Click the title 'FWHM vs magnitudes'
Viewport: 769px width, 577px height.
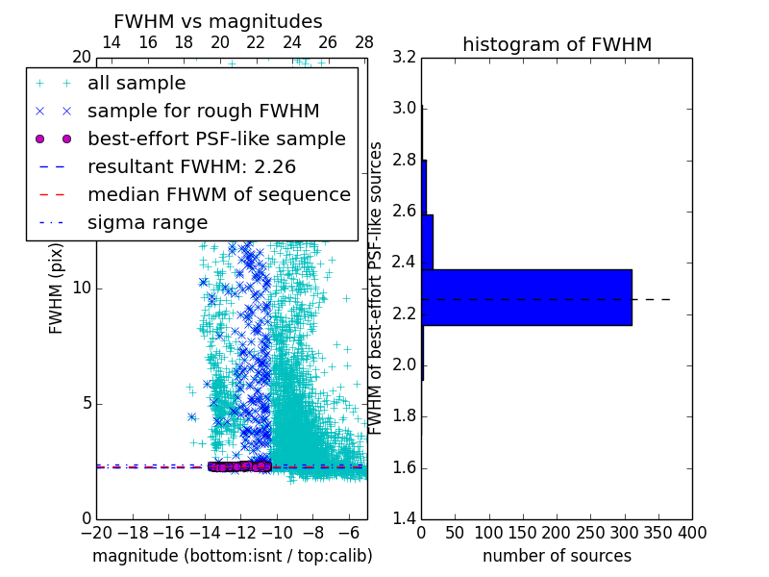pyautogui.click(x=218, y=21)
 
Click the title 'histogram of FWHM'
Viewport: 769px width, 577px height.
pyautogui.click(x=557, y=44)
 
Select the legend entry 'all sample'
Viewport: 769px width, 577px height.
pyautogui.click(x=136, y=84)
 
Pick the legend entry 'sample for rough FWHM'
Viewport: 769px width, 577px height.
pyautogui.click(x=203, y=111)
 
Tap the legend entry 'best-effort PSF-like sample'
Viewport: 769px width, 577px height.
pyautogui.click(x=216, y=138)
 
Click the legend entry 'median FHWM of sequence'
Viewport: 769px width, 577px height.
pyautogui.click(x=218, y=194)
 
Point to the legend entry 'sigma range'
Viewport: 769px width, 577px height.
pyautogui.click(x=147, y=222)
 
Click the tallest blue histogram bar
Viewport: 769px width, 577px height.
pyautogui.click(x=526, y=297)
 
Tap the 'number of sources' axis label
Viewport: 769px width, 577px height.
pyautogui.click(x=557, y=556)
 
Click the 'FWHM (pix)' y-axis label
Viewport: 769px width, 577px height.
pyautogui.click(x=57, y=288)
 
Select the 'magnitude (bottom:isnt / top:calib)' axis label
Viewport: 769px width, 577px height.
pyautogui.click(x=232, y=556)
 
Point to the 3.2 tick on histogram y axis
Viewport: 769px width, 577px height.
pyautogui.click(x=404, y=57)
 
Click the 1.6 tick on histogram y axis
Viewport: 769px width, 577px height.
pyautogui.click(x=404, y=467)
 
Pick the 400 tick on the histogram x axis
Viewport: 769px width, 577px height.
pyautogui.click(x=691, y=532)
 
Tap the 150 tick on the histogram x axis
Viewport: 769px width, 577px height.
pyautogui.click(x=523, y=532)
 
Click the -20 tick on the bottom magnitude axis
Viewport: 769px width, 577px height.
pyautogui.click(x=96, y=532)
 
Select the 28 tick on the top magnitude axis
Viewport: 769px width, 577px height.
pyautogui.click(x=363, y=42)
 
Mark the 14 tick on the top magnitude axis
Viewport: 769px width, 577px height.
pyautogui.click(x=112, y=42)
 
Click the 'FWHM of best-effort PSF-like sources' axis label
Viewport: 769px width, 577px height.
pyautogui.click(x=377, y=288)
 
